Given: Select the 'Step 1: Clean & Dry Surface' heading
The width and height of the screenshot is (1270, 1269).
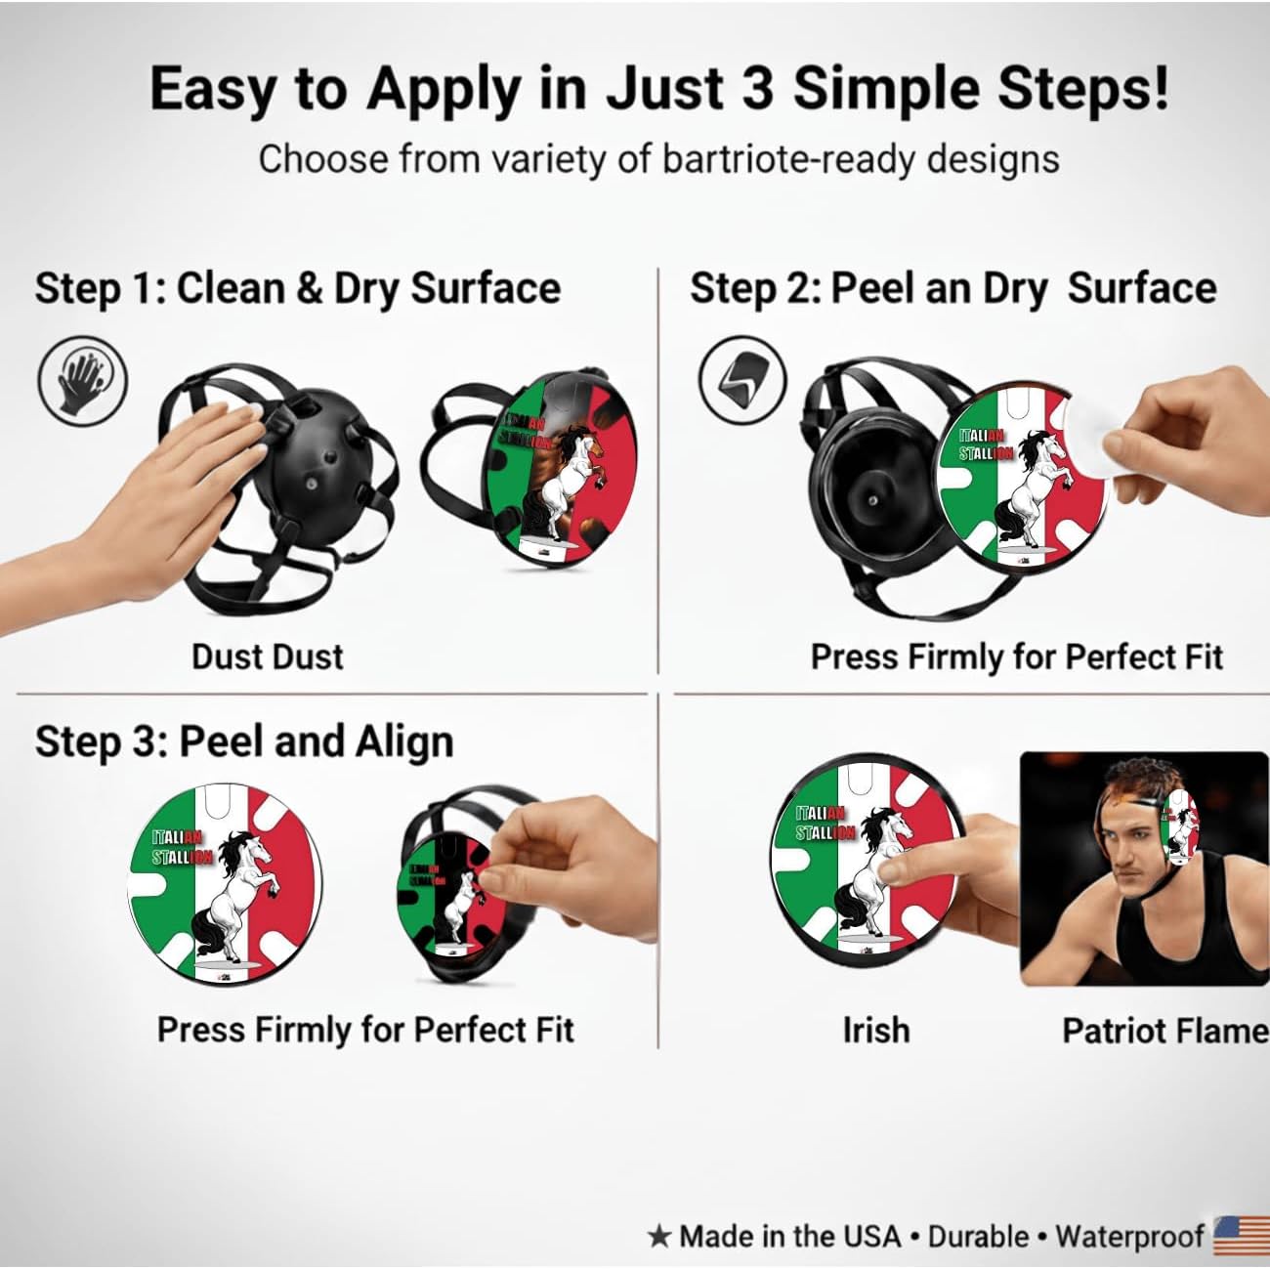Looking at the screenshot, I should [x=298, y=288].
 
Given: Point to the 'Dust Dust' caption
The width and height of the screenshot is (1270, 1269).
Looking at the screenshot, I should [x=268, y=656].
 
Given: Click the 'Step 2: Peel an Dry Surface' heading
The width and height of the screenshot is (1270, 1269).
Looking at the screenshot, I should [x=952, y=288].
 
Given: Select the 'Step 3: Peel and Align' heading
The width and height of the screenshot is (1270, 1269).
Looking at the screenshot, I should [x=244, y=741].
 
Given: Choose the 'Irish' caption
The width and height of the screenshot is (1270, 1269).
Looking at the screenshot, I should [x=875, y=1030].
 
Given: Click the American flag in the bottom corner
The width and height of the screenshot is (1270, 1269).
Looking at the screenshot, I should [x=1241, y=1236].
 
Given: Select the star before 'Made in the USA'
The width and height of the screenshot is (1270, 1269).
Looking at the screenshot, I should [x=659, y=1237].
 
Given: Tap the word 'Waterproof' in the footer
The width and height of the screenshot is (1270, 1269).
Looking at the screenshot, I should [x=1129, y=1237].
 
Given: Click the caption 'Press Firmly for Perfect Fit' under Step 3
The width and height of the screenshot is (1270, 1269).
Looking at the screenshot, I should [x=365, y=1030].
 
